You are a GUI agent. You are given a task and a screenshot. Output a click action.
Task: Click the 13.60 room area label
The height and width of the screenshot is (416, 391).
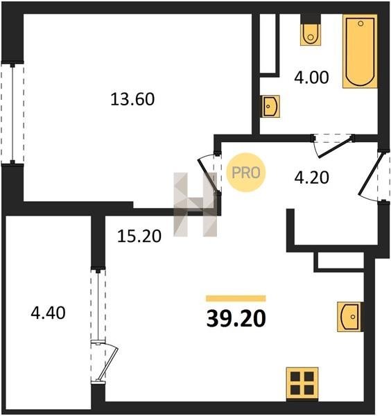[x=132, y=99]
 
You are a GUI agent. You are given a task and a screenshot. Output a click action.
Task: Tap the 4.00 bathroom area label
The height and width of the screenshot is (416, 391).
[x=311, y=77]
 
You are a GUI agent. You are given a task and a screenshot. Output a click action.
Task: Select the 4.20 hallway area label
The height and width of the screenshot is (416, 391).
[x=312, y=177]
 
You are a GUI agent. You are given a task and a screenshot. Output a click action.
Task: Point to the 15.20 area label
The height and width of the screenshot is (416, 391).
[x=139, y=236]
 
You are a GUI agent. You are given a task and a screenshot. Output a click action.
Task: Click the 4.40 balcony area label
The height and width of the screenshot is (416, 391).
[x=48, y=313]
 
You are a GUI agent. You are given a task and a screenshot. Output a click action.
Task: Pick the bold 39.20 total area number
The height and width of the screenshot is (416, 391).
[x=236, y=318]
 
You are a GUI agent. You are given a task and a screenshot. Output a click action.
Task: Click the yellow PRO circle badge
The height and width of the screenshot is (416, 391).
[x=246, y=173]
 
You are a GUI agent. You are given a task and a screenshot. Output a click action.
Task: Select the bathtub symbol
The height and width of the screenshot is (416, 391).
[x=360, y=51]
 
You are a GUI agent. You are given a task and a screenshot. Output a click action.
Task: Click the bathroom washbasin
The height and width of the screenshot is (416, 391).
[x=271, y=106]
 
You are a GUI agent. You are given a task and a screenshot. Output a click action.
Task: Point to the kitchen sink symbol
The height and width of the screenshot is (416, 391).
[x=349, y=317]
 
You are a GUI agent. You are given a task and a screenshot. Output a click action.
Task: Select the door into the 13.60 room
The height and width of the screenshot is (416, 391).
[x=210, y=174]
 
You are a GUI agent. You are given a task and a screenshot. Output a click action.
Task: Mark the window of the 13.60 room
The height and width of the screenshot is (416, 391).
[x=12, y=113]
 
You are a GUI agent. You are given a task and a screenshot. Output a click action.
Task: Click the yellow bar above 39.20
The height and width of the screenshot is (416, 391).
[x=236, y=298]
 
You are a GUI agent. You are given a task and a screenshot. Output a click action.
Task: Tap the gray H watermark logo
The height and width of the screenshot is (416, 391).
[x=195, y=205]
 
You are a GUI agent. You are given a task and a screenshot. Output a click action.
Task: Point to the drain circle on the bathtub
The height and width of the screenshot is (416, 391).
[x=360, y=24]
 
